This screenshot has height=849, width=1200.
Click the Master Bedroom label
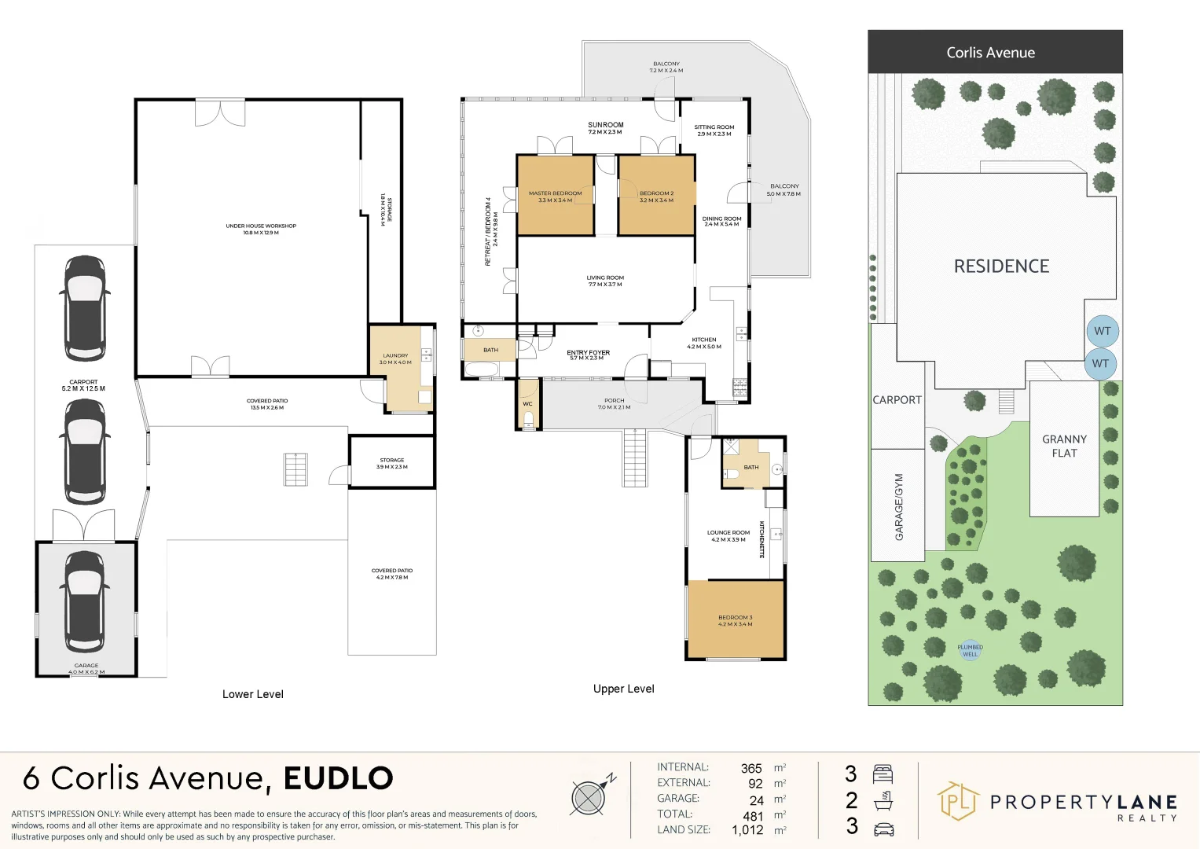pyautogui.click(x=555, y=197)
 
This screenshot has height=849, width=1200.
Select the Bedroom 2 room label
pyautogui.click(x=656, y=197)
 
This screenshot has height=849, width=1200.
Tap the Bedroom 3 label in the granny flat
pyautogui.click(x=735, y=620)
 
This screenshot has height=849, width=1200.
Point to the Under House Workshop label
pyautogui.click(x=261, y=229)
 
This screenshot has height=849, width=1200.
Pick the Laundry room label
pyautogui.click(x=395, y=358)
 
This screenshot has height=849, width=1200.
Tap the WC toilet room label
pyautogui.click(x=527, y=404)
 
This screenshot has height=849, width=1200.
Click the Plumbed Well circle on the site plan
pyautogui.click(x=970, y=650)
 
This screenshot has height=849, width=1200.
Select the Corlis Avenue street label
pyautogui.click(x=990, y=53)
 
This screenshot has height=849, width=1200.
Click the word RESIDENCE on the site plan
pyautogui.click(x=1001, y=266)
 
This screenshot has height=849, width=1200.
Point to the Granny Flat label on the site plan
pyautogui.click(x=1064, y=446)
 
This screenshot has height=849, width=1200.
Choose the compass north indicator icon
pyautogui.click(x=589, y=797)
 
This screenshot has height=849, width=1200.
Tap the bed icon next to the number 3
pyautogui.click(x=883, y=774)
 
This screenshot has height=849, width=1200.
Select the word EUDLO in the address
pyautogui.click(x=338, y=778)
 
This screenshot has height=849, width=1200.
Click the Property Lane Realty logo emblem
pyautogui.click(x=958, y=801)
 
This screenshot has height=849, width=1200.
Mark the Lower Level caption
pyautogui.click(x=252, y=694)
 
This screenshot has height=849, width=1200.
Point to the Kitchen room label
pyautogui.click(x=703, y=343)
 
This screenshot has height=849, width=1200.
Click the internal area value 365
pyautogui.click(x=751, y=768)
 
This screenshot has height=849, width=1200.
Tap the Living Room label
pyautogui.click(x=604, y=281)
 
